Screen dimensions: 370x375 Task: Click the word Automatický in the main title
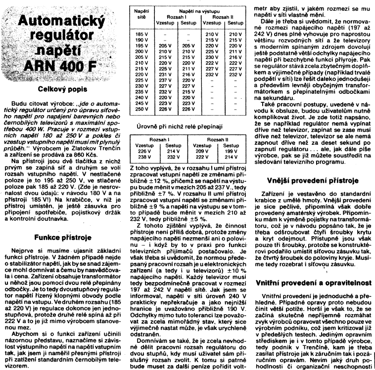[62, 22]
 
